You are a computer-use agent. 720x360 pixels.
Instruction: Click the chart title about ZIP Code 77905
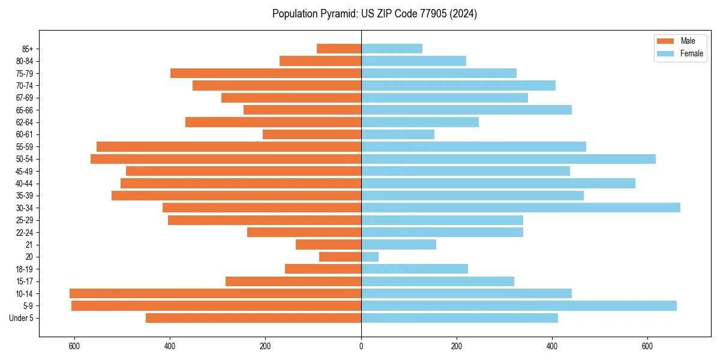click(374, 14)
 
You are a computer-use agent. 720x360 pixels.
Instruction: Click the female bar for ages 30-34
click(520, 208)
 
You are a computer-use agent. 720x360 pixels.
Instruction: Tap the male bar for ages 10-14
click(215, 293)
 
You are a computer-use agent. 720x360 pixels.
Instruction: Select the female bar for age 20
click(370, 257)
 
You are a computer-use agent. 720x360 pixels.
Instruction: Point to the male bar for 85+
click(338, 49)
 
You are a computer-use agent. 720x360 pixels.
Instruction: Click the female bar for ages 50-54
click(508, 159)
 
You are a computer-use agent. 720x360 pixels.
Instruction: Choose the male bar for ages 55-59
click(229, 146)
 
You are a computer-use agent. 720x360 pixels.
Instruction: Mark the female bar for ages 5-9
click(518, 305)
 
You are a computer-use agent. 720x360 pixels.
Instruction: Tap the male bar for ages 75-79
click(265, 73)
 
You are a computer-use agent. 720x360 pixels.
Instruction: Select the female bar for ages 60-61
click(397, 134)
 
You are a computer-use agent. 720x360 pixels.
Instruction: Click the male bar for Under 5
click(253, 318)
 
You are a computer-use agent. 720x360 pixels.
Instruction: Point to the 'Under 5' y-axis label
click(22, 318)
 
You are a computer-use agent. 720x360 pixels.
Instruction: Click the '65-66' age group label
click(25, 110)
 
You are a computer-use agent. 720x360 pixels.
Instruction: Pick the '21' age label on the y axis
click(29, 245)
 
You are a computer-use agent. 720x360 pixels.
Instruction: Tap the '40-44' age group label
click(25, 184)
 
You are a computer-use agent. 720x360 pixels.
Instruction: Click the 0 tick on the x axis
click(361, 346)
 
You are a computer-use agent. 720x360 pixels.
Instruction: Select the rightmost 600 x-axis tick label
click(647, 346)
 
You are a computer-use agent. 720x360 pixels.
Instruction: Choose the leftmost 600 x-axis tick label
click(75, 346)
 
